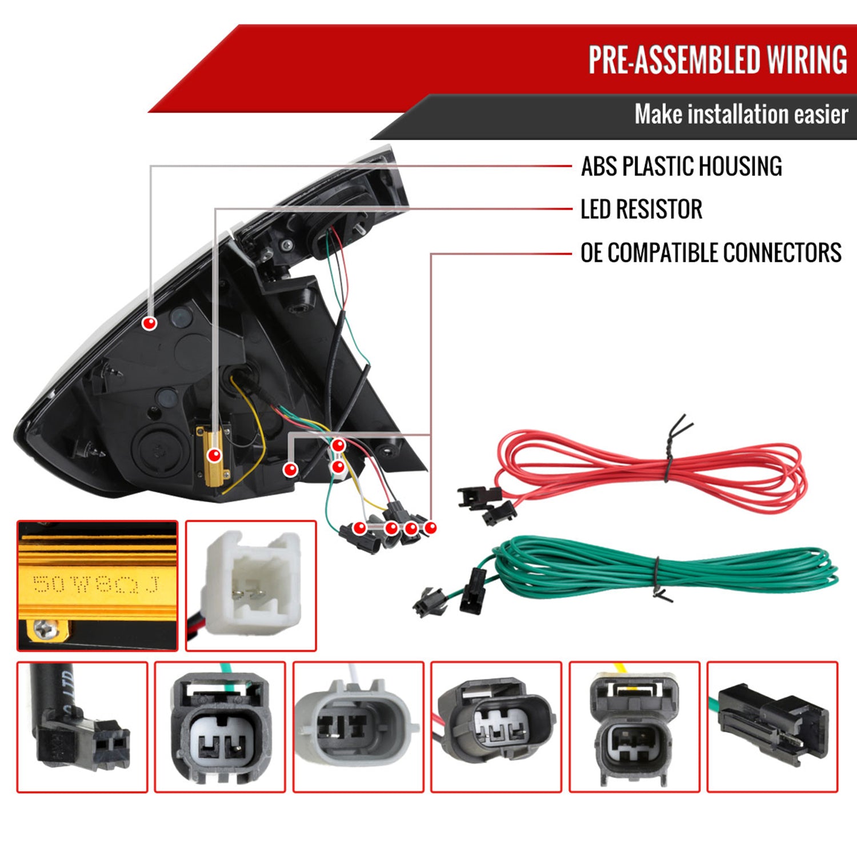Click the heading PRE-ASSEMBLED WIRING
coord(717,60)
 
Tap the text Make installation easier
coord(740,114)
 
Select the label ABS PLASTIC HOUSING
coord(681,166)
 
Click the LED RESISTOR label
coord(641,209)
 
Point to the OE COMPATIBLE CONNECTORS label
coord(710,253)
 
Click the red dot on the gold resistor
coord(214,455)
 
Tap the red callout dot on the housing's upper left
coord(149,323)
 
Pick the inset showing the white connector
coord(251,585)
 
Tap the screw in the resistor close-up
coord(44,629)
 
